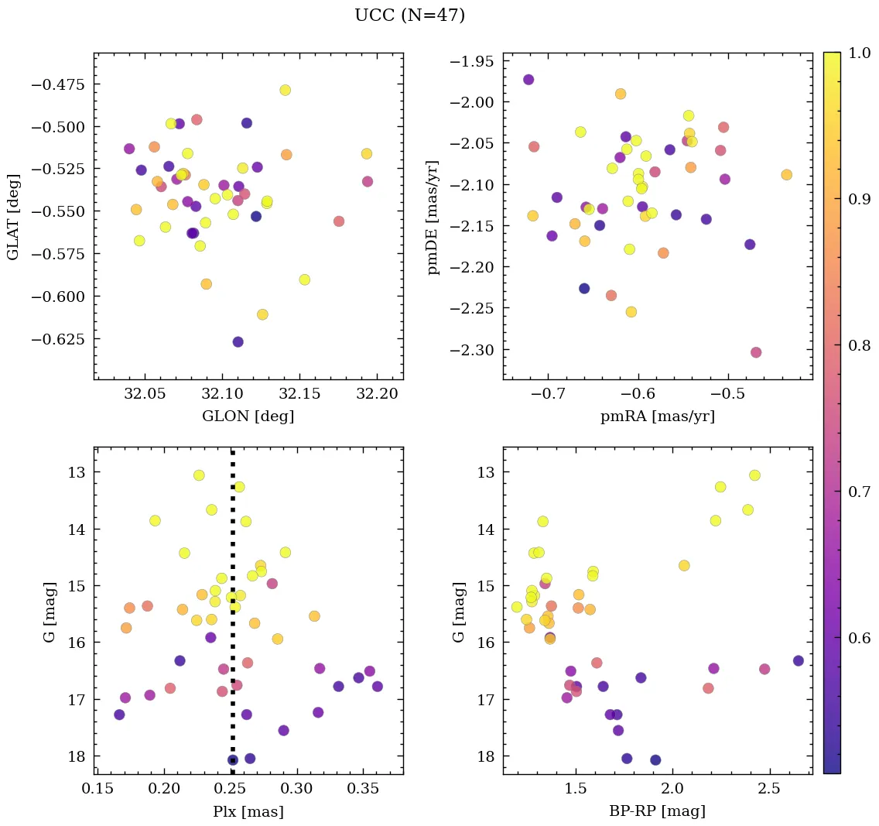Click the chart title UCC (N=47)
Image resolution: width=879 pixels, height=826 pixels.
(409, 15)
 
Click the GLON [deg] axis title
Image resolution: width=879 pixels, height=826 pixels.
(248, 416)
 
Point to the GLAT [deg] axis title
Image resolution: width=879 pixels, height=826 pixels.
(13, 216)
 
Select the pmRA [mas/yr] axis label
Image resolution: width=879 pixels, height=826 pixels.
(657, 416)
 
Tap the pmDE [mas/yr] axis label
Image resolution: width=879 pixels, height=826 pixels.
(433, 216)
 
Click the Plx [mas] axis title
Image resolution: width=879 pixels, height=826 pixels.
(248, 812)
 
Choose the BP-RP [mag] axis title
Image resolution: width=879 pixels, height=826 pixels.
(657, 812)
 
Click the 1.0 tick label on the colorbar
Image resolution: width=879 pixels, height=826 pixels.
(859, 53)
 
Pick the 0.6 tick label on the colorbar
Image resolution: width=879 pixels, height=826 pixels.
(859, 638)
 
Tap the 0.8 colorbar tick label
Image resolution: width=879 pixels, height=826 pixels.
(859, 345)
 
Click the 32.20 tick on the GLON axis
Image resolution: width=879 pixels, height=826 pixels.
(377, 394)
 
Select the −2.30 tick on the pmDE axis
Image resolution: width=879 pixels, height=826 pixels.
(477, 350)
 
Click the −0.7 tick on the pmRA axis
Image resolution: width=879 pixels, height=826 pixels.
(547, 394)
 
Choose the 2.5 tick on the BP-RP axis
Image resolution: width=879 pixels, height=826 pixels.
(769, 790)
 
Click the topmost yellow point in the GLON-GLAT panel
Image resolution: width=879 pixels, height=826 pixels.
(285, 91)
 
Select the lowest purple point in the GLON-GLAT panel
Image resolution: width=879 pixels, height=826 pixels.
(238, 342)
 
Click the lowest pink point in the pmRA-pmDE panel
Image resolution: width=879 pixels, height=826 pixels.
(756, 353)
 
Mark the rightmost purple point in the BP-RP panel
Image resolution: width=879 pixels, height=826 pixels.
(799, 661)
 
